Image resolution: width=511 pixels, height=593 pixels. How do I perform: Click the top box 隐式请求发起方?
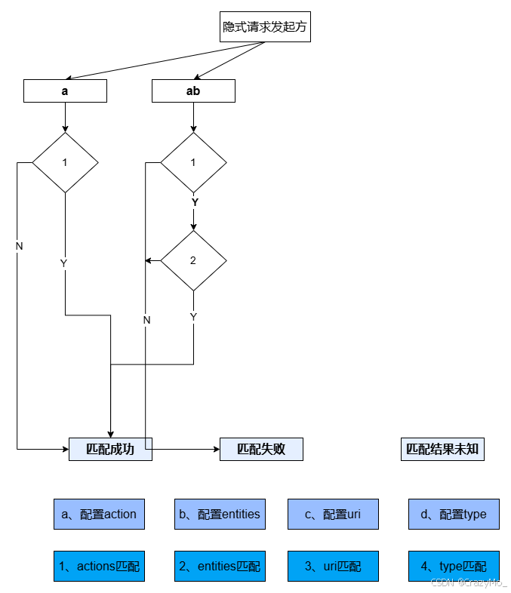point(265,26)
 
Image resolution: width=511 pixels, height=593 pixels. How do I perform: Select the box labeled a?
point(65,91)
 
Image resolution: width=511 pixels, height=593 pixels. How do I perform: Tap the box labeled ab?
point(193,91)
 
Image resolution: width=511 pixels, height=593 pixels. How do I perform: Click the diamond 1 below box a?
point(65,162)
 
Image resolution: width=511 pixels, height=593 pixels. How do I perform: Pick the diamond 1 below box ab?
point(193,162)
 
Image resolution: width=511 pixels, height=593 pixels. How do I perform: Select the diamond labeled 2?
point(193,260)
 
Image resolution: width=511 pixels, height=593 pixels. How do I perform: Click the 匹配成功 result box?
point(110,449)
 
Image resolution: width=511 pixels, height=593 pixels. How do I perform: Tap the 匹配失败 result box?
point(261,449)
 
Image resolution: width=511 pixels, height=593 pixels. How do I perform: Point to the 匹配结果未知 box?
point(442,449)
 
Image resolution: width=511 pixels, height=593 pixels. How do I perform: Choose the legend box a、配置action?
point(99,514)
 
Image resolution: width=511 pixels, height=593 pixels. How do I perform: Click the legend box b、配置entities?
point(220,514)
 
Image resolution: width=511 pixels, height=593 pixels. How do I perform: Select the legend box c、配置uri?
point(333,514)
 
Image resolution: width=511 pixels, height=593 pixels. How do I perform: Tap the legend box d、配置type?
point(454,514)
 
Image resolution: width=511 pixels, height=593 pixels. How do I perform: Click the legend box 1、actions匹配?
point(99,567)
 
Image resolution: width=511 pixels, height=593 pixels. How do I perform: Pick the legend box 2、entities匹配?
point(220,567)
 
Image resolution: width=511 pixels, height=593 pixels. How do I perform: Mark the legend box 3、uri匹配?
point(333,567)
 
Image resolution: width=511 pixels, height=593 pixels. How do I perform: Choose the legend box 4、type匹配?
point(454,567)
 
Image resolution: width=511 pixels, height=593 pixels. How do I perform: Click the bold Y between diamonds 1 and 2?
point(194,203)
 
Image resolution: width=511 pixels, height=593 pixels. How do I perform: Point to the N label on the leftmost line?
point(19,247)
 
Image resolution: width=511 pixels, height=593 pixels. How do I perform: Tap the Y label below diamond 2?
point(193,317)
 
